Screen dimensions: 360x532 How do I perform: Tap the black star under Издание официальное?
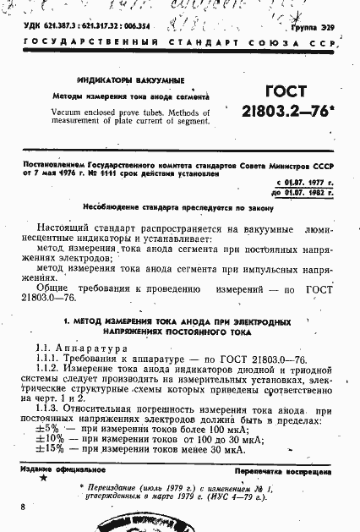(x=42, y=480)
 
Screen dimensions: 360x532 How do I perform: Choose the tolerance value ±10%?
(x=50, y=439)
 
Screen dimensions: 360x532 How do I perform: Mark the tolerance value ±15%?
(x=50, y=450)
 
